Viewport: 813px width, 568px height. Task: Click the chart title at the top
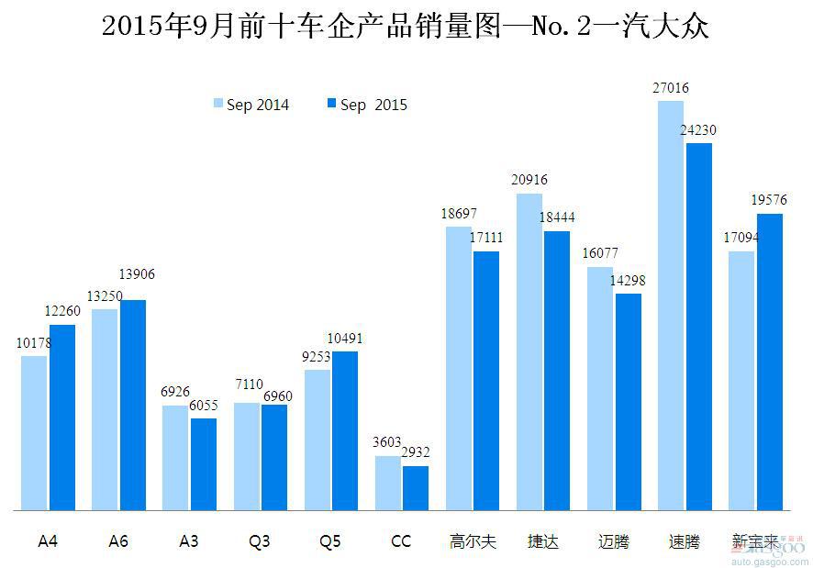click(406, 26)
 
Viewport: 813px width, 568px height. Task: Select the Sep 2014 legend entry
click(251, 105)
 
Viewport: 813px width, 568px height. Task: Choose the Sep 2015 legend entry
click(366, 105)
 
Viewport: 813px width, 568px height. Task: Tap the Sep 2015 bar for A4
click(62, 418)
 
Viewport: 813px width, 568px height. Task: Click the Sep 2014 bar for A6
click(105, 409)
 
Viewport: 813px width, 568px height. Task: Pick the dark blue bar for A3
click(204, 464)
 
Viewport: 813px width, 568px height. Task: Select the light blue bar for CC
click(387, 483)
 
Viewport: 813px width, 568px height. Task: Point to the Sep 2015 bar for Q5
click(345, 430)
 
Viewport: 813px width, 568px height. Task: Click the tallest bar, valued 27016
click(671, 306)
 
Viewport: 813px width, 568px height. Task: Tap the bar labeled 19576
click(769, 362)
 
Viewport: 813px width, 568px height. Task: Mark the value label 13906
click(138, 273)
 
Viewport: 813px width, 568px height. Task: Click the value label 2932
click(415, 451)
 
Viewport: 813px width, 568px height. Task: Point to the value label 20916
click(529, 180)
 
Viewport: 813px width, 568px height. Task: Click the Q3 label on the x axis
click(260, 541)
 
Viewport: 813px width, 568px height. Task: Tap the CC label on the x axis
click(401, 541)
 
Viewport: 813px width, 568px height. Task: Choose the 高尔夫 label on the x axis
click(473, 541)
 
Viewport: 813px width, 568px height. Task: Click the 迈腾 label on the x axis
click(614, 541)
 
